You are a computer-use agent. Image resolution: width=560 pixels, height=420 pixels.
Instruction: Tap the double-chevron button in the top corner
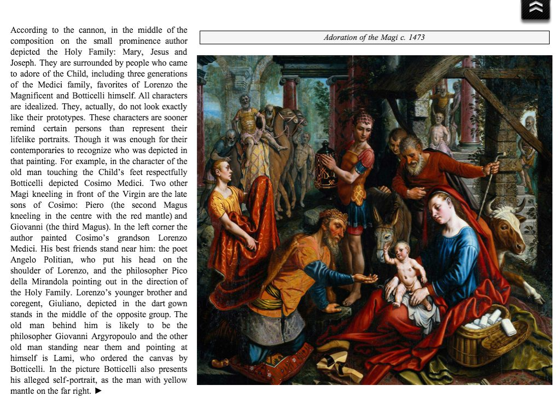(x=535, y=9)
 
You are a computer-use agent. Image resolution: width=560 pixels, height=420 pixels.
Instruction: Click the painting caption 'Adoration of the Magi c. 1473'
(x=374, y=37)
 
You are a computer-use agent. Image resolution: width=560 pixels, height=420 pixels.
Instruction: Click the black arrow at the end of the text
(x=98, y=391)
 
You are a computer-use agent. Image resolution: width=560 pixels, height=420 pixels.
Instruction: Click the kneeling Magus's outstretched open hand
(x=366, y=278)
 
